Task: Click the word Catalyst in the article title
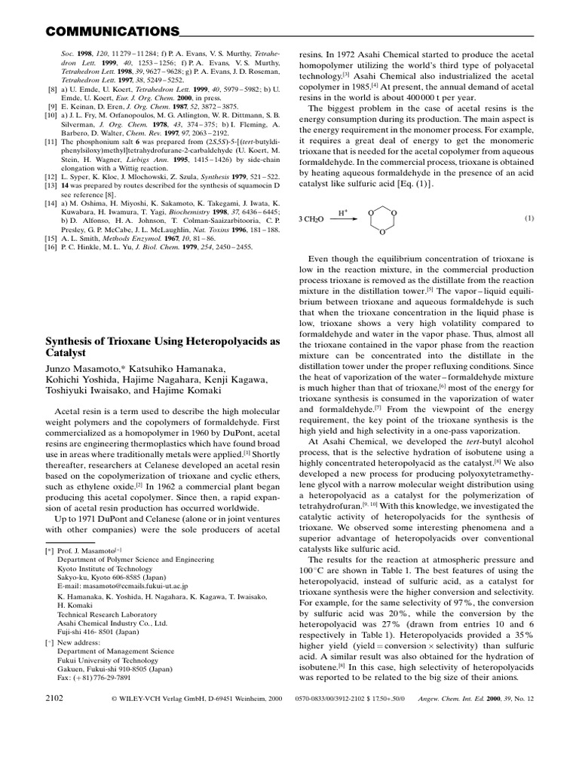[69, 352]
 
